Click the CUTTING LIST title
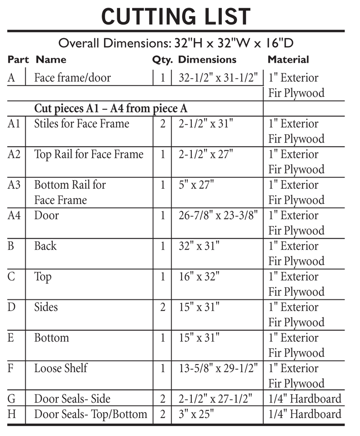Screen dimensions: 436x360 click(176, 17)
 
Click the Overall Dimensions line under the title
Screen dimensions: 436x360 click(176, 44)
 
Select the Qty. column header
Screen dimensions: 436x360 click(162, 60)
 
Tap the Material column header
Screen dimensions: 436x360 click(288, 60)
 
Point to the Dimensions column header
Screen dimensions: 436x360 click(207, 60)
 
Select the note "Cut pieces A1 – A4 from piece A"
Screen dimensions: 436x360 click(111, 109)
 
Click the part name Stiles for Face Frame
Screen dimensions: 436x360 click(82, 124)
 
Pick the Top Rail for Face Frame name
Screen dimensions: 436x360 click(89, 154)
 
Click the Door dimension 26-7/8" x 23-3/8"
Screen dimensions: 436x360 click(217, 215)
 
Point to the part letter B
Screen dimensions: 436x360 click(12, 246)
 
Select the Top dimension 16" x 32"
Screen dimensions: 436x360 click(199, 276)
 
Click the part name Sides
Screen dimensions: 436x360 click(46, 307)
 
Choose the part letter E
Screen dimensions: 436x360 click(11, 338)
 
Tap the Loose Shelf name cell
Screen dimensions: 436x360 click(61, 368)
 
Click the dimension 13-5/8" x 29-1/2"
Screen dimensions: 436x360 click(217, 368)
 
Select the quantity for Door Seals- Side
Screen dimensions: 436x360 click(162, 399)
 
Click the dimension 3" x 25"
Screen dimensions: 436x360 click(197, 414)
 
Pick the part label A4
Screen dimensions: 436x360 click(14, 215)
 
